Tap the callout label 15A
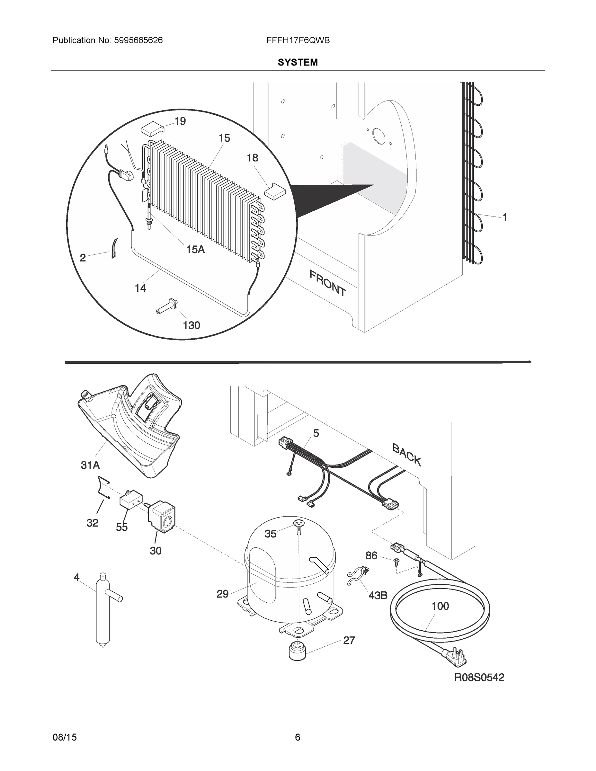pos(195,250)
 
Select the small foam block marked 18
pos(275,192)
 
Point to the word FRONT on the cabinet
pos(327,283)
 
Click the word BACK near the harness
pos(407,455)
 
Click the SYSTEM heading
pos(298,63)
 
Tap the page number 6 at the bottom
pos(297,737)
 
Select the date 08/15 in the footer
pos(65,737)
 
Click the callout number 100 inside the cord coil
pos(440,606)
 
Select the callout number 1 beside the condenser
pos(505,217)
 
